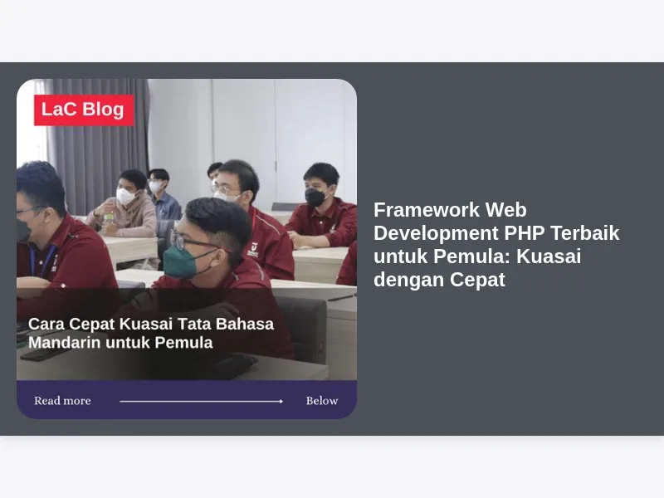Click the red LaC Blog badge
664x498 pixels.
click(x=84, y=110)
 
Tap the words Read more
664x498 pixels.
click(x=62, y=401)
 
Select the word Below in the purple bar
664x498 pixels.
click(x=322, y=401)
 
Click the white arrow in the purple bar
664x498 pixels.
click(x=201, y=401)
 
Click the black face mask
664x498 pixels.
click(x=315, y=198)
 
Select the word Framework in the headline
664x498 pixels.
click(x=427, y=210)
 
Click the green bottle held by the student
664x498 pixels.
click(x=109, y=217)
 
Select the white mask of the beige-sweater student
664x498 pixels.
click(x=126, y=196)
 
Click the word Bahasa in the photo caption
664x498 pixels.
click(x=245, y=324)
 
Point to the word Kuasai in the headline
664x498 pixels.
click(x=549, y=256)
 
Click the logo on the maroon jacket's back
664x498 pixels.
click(x=252, y=249)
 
